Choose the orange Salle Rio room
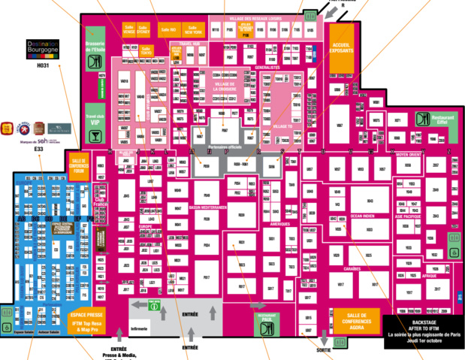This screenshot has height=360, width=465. pyautogui.click(x=167, y=29)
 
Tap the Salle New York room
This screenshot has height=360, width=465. pyautogui.click(x=193, y=29)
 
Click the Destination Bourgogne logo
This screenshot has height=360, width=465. pyautogui.click(x=42, y=50)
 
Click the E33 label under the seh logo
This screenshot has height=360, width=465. pyautogui.click(x=38, y=150)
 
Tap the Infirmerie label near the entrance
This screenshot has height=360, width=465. pyautogui.click(x=140, y=328)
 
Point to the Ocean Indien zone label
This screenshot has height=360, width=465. pyautogui.click(x=362, y=216)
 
